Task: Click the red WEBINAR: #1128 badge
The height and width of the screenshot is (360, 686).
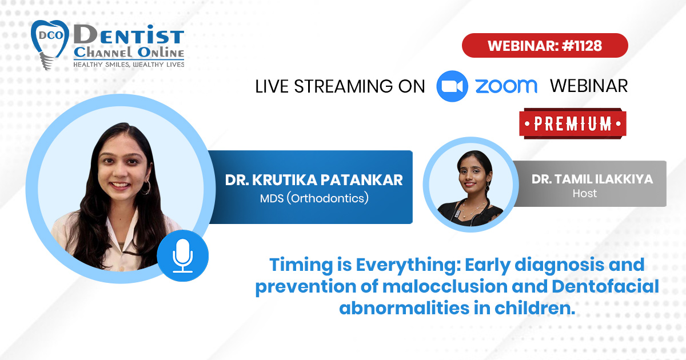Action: click(545, 46)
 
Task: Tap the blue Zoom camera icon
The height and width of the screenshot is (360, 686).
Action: click(452, 86)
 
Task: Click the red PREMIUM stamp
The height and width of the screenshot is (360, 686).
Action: click(573, 123)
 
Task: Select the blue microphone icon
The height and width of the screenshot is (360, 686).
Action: click(183, 255)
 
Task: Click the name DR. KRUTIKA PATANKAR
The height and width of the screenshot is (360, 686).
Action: click(314, 180)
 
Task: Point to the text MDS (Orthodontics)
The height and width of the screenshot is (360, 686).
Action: click(314, 198)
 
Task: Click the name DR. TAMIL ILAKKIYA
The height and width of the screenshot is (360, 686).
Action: click(592, 179)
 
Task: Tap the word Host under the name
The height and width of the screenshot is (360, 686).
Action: click(585, 194)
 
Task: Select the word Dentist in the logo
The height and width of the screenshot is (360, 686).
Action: click(129, 34)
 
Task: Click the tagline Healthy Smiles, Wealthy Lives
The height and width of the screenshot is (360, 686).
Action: click(129, 65)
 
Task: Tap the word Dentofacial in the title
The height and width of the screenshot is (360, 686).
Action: click(605, 286)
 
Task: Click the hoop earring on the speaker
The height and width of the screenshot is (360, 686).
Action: click(146, 187)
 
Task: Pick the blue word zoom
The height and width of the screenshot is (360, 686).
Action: click(506, 86)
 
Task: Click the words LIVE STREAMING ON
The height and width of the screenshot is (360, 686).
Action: click(340, 86)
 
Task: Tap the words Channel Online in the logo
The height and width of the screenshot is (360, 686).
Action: click(129, 53)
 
